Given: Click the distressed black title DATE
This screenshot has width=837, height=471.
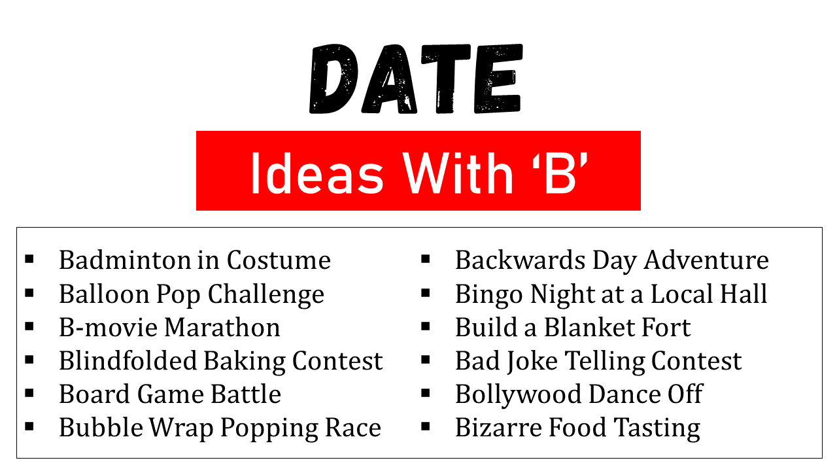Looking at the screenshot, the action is click(x=416, y=78).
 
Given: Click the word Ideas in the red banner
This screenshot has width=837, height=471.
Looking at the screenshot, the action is click(x=317, y=173).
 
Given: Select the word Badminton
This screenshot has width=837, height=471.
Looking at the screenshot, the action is click(x=125, y=260).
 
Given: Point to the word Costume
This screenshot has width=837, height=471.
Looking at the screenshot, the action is click(x=279, y=260).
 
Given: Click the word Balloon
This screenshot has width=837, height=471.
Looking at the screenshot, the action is click(x=104, y=294).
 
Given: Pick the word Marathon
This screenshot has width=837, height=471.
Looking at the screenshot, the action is click(x=222, y=327).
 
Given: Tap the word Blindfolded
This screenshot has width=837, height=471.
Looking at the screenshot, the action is click(x=128, y=360).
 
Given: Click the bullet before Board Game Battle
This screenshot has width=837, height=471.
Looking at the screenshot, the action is click(x=29, y=393).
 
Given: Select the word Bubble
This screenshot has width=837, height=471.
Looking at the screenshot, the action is click(x=101, y=427).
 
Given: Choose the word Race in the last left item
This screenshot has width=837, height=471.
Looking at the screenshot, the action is click(x=353, y=427).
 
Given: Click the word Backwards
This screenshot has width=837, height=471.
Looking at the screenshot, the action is click(x=520, y=260).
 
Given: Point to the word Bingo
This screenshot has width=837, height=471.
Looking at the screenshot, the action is click(x=488, y=294).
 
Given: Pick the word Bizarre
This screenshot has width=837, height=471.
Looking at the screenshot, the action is click(x=498, y=427).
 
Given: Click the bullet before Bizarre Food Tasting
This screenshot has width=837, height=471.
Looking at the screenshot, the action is click(x=425, y=427).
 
